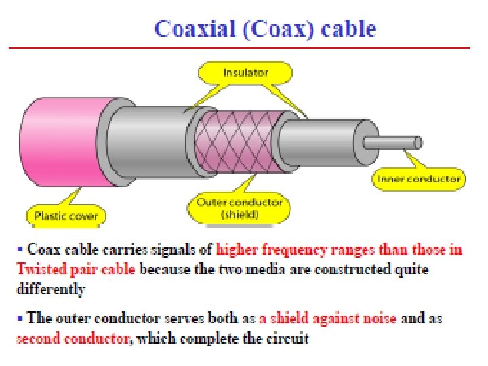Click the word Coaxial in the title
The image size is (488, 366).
pyautogui.click(x=191, y=28)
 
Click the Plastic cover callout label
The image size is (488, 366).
pyautogui.click(x=66, y=216)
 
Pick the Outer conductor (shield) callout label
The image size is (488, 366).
pyautogui.click(x=239, y=208)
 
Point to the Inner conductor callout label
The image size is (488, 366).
pyautogui.click(x=418, y=180)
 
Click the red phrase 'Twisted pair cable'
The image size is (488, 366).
pyautogui.click(x=75, y=269)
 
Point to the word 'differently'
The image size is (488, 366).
pyautogui.click(x=51, y=289)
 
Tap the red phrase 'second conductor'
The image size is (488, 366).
pyautogui.click(x=72, y=338)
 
